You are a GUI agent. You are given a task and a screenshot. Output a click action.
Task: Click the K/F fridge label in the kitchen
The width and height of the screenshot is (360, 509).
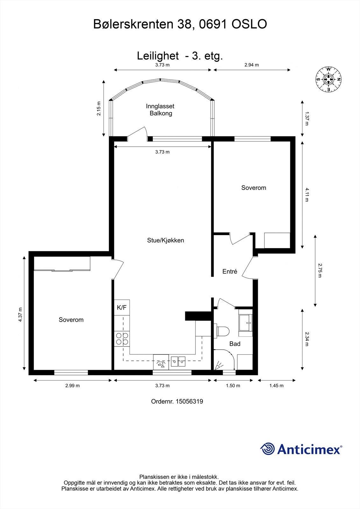tap(122, 308)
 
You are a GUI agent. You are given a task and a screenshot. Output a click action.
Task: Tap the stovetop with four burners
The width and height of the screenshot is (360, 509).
tap(122, 339)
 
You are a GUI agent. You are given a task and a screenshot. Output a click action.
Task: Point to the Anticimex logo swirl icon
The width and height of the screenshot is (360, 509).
tap(267, 449)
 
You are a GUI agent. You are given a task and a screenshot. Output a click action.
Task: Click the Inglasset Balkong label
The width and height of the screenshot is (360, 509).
tap(160, 110)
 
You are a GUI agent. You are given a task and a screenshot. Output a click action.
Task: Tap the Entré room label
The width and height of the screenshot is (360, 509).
tap(229, 272)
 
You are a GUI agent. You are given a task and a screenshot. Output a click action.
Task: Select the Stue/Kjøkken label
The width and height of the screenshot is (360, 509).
tap(166, 241)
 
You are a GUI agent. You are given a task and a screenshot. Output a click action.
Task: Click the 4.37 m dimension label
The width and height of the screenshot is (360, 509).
tap(20, 315)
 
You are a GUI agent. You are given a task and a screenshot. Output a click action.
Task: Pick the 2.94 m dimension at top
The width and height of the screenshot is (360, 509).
tap(251, 65)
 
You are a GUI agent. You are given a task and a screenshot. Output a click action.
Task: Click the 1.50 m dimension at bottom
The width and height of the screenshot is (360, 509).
tap(233, 386)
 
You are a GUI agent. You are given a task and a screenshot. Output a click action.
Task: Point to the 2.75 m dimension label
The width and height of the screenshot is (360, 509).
tap(320, 270)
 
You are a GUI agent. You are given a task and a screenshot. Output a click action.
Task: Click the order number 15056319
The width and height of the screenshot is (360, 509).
tap(177, 401)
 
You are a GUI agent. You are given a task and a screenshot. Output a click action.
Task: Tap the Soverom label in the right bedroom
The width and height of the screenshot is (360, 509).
tap(253, 188)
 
